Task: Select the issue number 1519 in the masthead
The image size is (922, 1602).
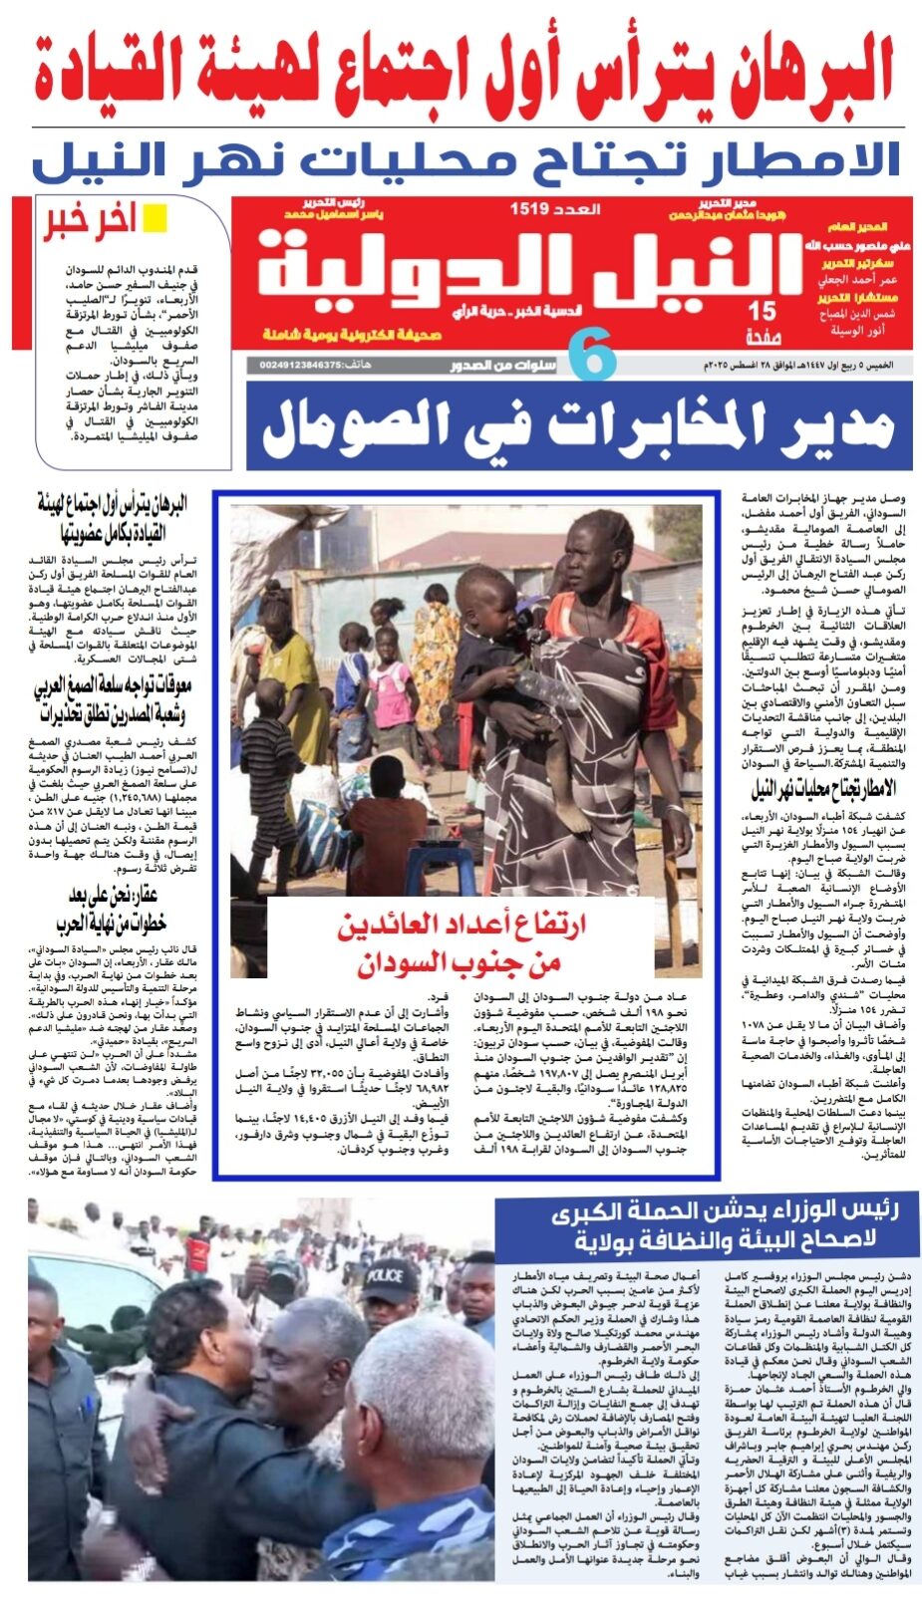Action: (529, 209)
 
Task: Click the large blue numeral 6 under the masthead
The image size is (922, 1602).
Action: (591, 357)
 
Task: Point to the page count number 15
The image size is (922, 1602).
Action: (762, 312)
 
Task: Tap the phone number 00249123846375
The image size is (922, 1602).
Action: (299, 366)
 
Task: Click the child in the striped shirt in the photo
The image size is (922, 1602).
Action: (267, 757)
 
